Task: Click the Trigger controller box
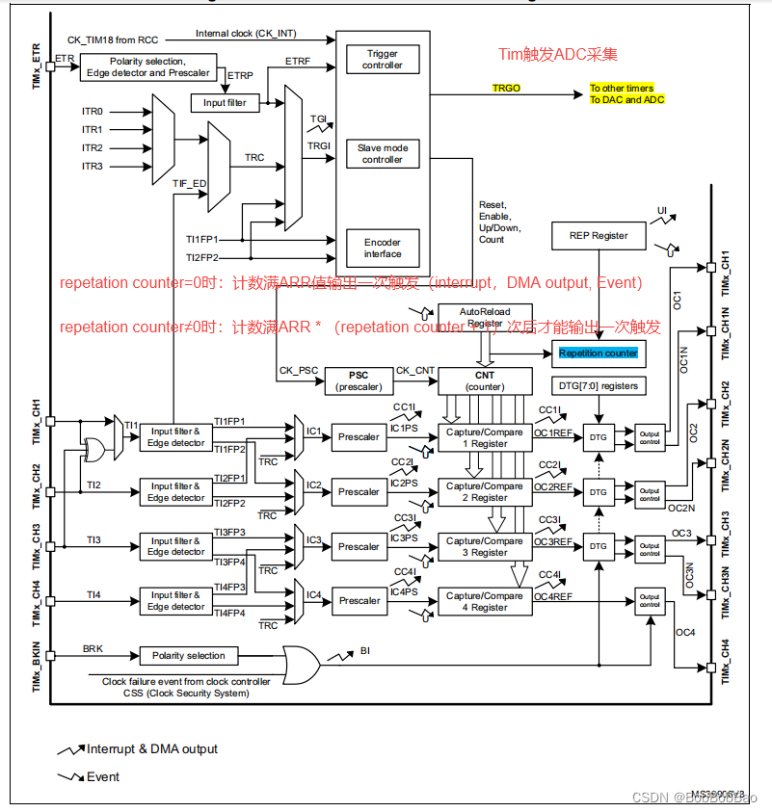(x=383, y=60)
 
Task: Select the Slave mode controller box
(x=383, y=154)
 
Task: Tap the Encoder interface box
(x=383, y=249)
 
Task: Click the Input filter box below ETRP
(x=226, y=103)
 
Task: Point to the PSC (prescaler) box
(x=359, y=380)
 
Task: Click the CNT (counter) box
(x=485, y=380)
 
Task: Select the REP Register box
(x=599, y=236)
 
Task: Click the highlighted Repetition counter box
(x=599, y=354)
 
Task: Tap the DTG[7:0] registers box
(x=599, y=386)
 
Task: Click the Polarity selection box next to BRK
(x=189, y=656)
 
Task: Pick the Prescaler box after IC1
(x=359, y=437)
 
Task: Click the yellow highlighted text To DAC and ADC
(x=626, y=100)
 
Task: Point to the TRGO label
(x=506, y=88)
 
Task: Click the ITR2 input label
(x=93, y=148)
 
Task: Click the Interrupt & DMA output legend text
(x=152, y=749)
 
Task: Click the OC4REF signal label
(x=553, y=597)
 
